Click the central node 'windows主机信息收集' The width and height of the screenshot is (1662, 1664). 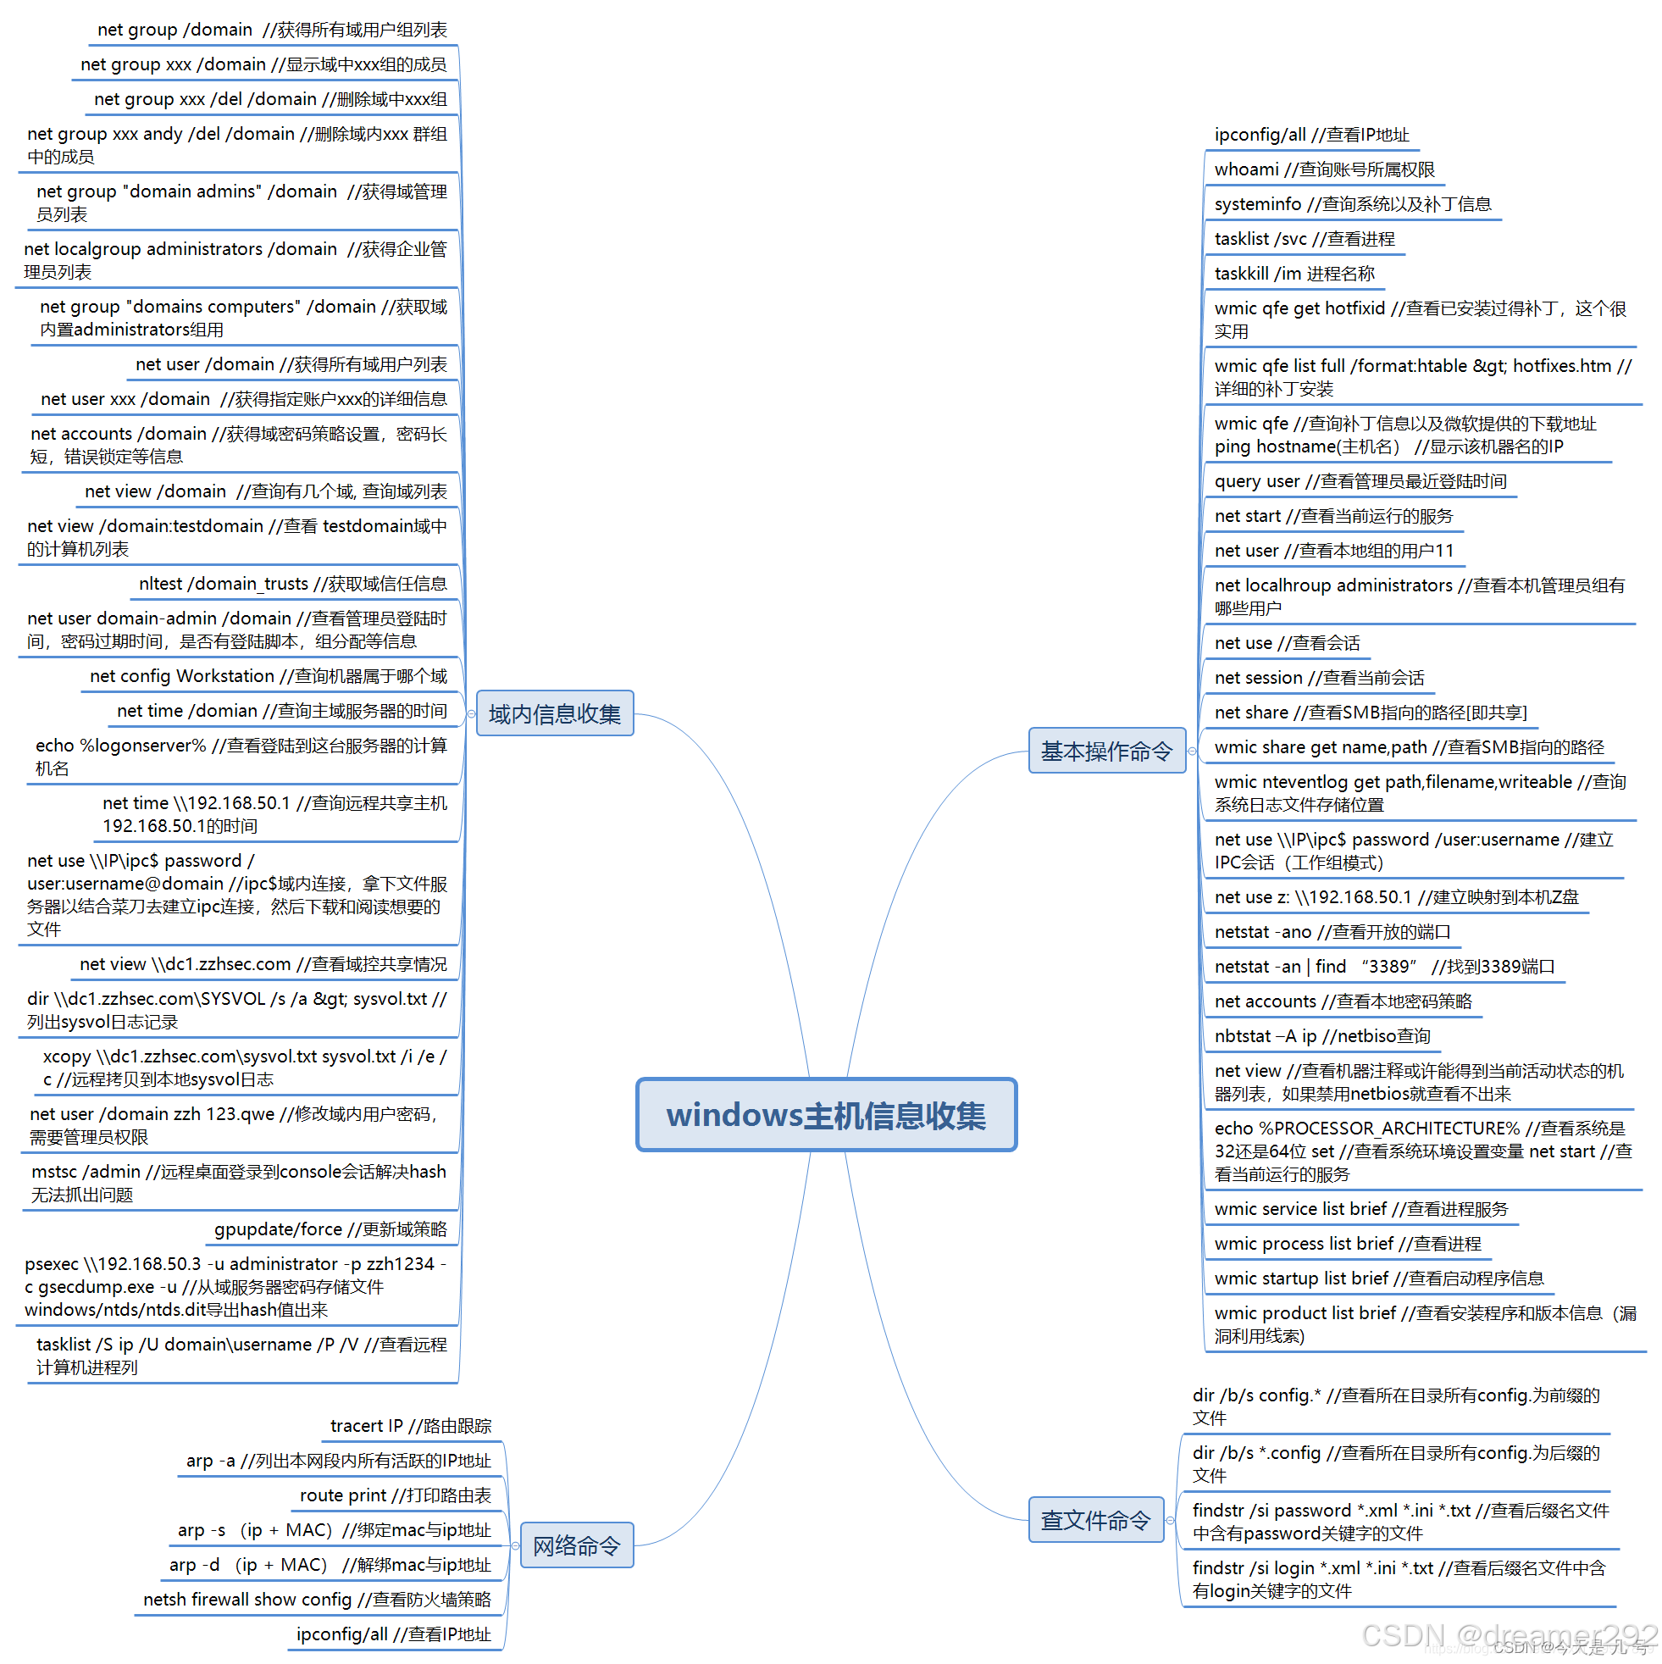tap(826, 1114)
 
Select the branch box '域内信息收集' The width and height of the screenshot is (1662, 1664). tap(555, 713)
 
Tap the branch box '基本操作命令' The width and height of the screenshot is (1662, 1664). tap(1106, 750)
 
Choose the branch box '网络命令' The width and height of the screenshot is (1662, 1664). tap(576, 1545)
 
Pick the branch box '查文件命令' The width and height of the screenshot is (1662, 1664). tap(1095, 1519)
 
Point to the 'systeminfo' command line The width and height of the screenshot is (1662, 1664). tap(1353, 204)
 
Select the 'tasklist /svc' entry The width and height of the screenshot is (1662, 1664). tap(1305, 239)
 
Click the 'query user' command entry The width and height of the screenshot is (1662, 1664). tap(1360, 481)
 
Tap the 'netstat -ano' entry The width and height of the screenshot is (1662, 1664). tap(1332, 932)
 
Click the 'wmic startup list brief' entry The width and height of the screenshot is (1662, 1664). tap(1379, 1279)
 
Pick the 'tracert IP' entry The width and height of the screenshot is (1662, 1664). tap(411, 1426)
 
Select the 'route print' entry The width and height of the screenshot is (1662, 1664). tap(396, 1495)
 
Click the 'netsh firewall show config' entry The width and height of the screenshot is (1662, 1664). tap(317, 1600)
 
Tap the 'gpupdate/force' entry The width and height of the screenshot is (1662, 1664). tap(330, 1229)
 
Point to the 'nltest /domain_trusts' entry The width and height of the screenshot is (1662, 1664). tap(293, 584)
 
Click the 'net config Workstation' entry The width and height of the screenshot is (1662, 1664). tap(269, 676)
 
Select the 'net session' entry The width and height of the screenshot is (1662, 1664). tap(1319, 678)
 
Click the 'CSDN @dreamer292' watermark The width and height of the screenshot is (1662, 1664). tap(1510, 1634)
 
